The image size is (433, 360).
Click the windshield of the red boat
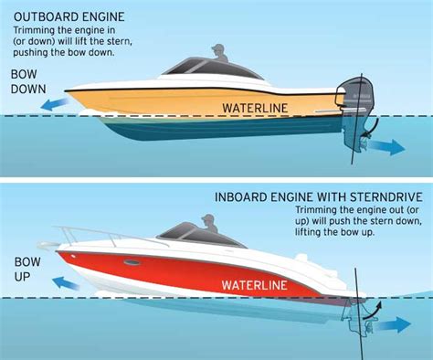(x=174, y=233)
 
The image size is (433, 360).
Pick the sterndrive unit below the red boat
(x=354, y=320)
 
